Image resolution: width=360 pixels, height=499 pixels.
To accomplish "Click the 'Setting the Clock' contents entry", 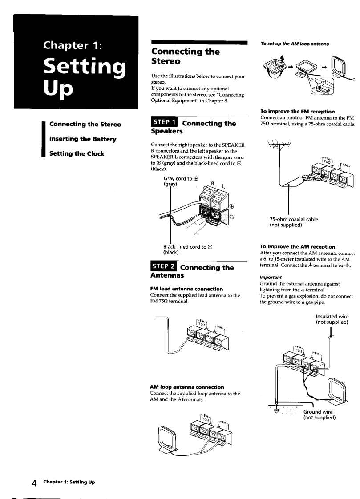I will coord(77,154).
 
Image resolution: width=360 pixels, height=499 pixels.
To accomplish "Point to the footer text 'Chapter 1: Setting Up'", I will coord(69,483).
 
